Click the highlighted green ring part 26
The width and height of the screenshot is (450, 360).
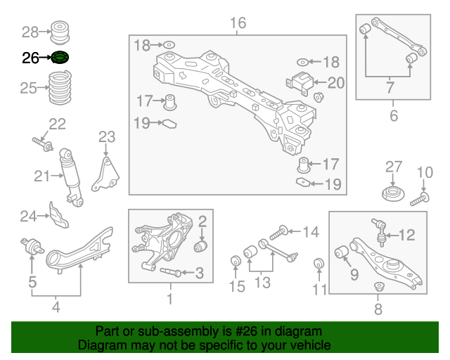point(60,58)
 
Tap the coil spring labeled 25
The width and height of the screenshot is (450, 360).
point(60,88)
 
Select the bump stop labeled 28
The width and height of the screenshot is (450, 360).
point(60,32)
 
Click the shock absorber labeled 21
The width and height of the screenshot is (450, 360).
point(71,177)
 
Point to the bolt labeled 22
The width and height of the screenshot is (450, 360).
point(42,144)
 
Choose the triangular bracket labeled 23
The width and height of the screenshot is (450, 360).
point(105,174)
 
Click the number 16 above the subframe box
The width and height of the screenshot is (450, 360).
point(238,23)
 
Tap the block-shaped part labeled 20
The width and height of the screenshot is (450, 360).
point(300,83)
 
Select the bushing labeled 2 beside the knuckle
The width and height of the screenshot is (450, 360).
point(200,247)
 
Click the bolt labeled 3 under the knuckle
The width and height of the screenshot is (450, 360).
point(170,271)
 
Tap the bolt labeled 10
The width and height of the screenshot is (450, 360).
point(420,200)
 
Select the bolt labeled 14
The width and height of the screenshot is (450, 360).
point(278,233)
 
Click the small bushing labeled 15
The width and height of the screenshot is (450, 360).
point(236,261)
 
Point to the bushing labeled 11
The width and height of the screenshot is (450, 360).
point(319,264)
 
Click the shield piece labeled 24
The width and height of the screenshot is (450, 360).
point(59,215)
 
